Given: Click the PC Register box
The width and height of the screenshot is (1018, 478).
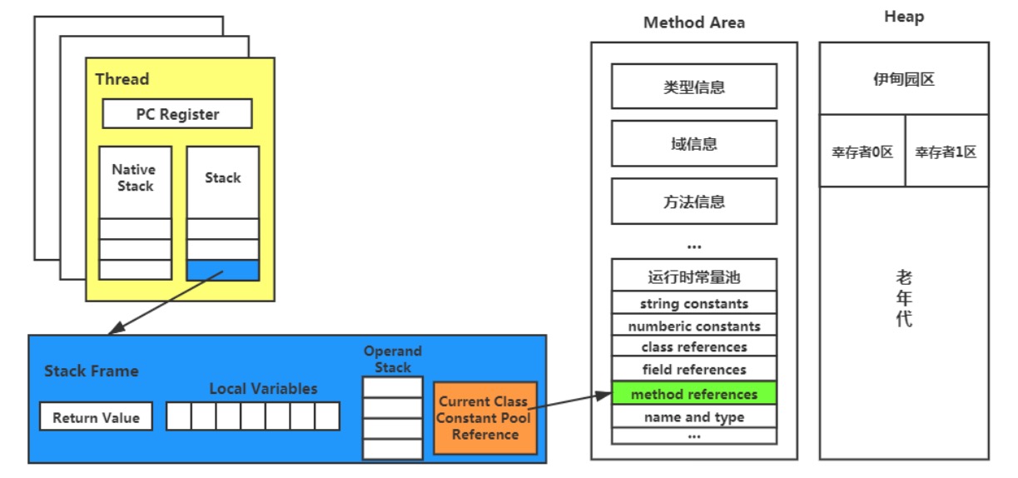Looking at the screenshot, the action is [177, 114].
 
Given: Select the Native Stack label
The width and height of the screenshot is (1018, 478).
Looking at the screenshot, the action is [135, 178].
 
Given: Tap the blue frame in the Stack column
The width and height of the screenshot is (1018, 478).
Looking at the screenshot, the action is [223, 270].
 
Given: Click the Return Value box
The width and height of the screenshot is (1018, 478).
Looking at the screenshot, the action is [96, 416].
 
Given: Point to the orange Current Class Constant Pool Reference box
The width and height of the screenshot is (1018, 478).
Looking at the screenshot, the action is [485, 418].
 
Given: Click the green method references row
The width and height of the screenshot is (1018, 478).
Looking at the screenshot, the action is [694, 393].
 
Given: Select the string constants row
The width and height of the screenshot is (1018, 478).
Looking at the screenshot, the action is [694, 303].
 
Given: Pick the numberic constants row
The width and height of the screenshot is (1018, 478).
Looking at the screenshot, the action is [694, 325].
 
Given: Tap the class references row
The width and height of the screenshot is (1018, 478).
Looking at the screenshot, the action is [694, 346].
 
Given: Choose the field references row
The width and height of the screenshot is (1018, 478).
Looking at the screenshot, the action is [694, 369].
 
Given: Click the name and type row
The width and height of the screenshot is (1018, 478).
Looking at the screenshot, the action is [694, 416].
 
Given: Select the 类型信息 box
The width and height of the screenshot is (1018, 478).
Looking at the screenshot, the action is [694, 87].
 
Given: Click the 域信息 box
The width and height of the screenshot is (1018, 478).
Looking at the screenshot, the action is [694, 144].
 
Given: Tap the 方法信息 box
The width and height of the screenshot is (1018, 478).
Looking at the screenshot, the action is [694, 201].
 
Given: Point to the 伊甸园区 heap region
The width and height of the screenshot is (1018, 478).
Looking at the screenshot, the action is [904, 78].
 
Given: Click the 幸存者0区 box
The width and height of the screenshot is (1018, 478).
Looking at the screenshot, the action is [862, 151].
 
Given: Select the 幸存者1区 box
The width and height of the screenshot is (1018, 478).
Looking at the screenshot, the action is [947, 151].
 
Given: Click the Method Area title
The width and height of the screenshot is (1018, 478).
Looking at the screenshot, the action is [694, 22].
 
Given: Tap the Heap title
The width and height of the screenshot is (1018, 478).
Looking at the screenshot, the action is [904, 17].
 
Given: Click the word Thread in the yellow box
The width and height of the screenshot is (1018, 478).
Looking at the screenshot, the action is [122, 78].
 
